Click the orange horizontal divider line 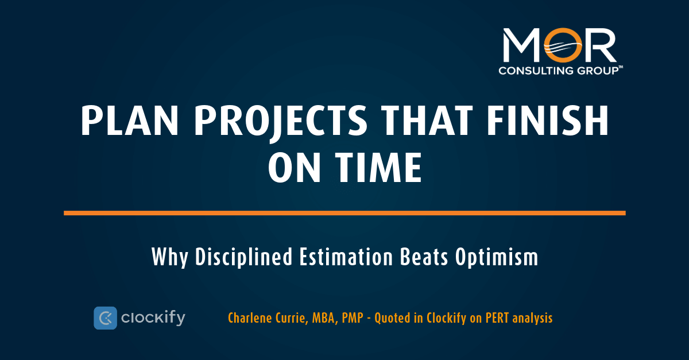[344, 213]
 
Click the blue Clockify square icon [105, 318]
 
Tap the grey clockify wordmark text [153, 318]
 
